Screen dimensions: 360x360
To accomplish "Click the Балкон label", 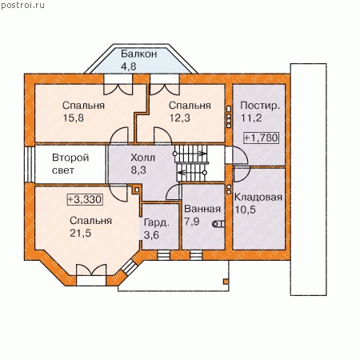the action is pos(138,54).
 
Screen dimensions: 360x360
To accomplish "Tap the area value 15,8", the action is pos(74,118).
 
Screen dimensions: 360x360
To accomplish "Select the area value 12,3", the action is pos(180,118).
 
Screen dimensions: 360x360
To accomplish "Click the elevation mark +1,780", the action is pos(261,138).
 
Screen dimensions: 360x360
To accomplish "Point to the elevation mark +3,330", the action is pos(85,199).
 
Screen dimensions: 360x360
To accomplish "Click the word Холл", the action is pos(142,158).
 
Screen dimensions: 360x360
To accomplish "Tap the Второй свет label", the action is pos(70,164).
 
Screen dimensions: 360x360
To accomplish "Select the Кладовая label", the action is pos(258,197).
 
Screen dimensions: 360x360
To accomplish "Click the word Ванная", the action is pos(202,209).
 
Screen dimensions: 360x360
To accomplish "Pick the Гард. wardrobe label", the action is pos(157,222).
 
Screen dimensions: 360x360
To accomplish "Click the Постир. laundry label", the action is pos(260,106).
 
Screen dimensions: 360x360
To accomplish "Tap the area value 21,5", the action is pos(80,233).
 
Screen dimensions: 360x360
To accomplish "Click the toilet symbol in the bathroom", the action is pos(218,224).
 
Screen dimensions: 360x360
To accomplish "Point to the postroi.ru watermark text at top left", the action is pos(22,6).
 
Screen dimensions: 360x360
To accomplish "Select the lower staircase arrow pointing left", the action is pos(191,173).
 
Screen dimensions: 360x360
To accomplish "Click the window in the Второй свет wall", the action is pos(30,164).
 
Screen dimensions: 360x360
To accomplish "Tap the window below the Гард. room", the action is pos(163,255).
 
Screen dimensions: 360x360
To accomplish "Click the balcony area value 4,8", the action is pos(129,66).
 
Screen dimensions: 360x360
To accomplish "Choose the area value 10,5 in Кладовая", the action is pos(245,210).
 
